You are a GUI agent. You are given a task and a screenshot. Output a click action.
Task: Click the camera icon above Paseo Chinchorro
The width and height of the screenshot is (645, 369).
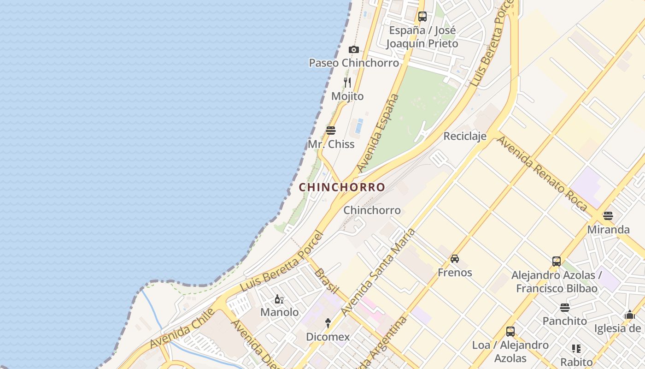353,49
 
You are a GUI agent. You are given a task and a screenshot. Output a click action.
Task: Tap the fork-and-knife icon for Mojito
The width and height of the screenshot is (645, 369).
347,83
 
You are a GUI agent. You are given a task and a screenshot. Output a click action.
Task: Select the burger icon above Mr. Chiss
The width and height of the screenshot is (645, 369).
330,130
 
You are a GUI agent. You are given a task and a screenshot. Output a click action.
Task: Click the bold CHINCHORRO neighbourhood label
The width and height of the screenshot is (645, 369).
342,187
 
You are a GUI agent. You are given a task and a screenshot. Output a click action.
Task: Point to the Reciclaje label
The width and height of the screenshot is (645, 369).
465,136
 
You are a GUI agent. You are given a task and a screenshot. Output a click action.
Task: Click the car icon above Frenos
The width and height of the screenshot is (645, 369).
455,259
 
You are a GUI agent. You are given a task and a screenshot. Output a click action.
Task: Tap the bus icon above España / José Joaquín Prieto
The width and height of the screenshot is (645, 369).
422,17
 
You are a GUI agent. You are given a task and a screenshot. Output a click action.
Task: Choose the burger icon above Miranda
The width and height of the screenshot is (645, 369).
608,215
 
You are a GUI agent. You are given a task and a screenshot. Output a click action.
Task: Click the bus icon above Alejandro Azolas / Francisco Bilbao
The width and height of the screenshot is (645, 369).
557,262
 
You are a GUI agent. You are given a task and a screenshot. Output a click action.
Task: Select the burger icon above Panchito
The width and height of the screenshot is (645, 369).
565,307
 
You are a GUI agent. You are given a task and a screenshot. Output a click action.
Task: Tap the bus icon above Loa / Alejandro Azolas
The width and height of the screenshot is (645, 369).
510,331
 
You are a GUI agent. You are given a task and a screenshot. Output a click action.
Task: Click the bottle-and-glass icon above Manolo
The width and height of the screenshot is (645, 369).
279,299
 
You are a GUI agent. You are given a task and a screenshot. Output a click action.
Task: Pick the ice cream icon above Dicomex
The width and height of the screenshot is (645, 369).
328,323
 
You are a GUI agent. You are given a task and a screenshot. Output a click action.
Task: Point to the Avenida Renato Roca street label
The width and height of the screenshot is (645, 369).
542,173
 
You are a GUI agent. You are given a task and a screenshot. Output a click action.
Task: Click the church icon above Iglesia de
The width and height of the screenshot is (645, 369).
630,315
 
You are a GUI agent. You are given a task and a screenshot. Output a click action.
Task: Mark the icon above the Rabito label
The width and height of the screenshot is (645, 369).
576,349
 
